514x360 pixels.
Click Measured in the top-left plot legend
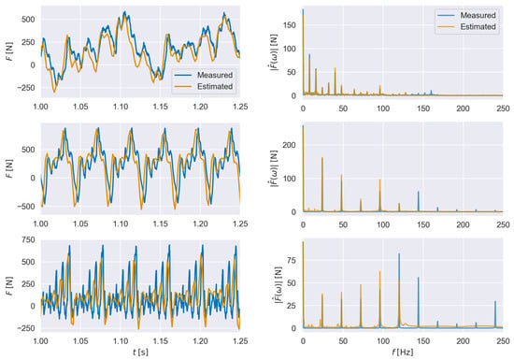215,75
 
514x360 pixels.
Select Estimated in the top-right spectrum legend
478,27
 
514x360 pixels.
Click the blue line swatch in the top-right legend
446,15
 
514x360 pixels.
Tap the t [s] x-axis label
140,353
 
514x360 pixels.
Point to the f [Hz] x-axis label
403,353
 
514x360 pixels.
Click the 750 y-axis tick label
28,240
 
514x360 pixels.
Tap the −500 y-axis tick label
26,207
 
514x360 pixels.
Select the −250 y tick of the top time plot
26,88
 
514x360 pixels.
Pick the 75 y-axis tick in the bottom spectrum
292,261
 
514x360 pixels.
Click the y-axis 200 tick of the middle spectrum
290,145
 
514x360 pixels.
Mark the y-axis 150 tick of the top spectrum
290,25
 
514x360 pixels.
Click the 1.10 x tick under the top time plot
121,107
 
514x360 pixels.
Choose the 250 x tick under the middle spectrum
503,224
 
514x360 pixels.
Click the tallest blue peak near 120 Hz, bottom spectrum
399,253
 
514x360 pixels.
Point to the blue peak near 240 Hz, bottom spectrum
495,301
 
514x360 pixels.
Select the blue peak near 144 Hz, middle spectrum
419,192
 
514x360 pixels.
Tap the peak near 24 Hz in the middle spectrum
322,158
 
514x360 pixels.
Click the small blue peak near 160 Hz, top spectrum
431,91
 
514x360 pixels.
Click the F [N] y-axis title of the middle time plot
9,169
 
